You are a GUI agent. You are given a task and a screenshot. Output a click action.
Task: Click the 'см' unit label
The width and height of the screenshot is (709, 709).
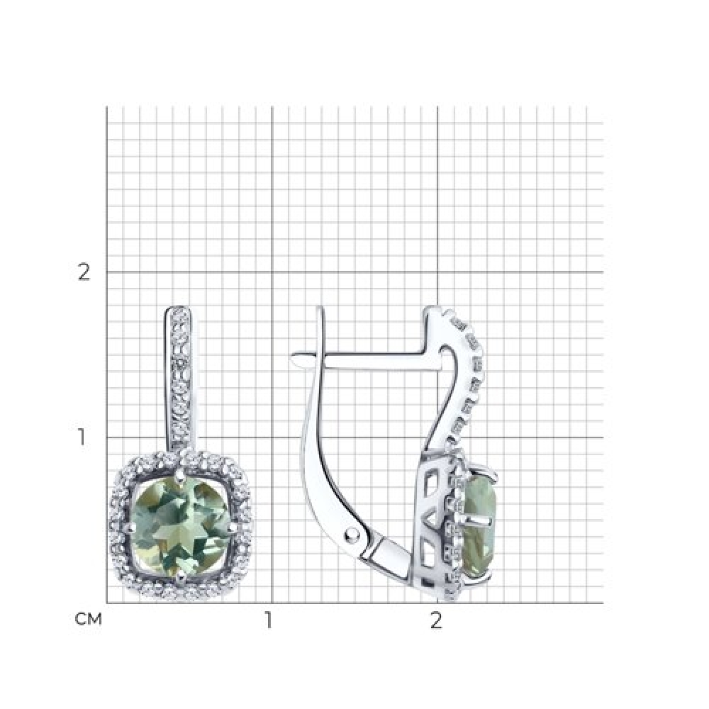click(89, 620)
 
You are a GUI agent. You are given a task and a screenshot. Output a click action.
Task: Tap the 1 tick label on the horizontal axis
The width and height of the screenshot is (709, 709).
click(269, 620)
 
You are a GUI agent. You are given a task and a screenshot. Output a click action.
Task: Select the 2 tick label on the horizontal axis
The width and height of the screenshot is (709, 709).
click(436, 620)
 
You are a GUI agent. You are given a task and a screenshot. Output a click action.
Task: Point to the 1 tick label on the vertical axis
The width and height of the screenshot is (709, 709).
click(82, 437)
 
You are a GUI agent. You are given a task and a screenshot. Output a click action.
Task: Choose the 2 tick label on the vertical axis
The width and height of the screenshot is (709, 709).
click(84, 272)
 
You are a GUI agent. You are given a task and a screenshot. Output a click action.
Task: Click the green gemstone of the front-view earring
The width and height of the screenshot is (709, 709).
click(181, 526)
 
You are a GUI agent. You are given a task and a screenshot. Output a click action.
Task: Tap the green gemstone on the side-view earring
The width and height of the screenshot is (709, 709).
click(480, 527)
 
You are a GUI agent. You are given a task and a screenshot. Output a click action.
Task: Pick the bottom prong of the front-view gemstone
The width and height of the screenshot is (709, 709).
click(181, 574)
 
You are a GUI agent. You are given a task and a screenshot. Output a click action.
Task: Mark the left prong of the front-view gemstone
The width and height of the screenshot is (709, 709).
click(130, 527)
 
